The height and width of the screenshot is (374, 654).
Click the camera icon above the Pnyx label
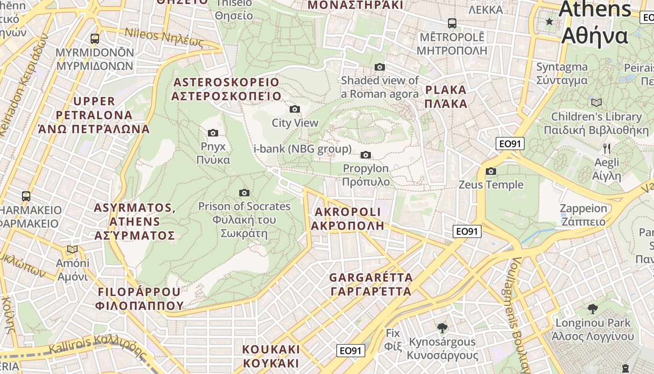pyautogui.click(x=213, y=133)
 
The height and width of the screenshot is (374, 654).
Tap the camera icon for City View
pyautogui.click(x=295, y=109)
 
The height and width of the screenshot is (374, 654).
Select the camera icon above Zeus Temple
pyautogui.click(x=490, y=172)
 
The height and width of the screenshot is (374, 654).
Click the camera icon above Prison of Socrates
pyautogui.click(x=244, y=193)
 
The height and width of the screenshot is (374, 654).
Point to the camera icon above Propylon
pyautogui.click(x=366, y=155)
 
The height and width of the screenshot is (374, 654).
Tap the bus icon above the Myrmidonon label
pyautogui.click(x=95, y=39)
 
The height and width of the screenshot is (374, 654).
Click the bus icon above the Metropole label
pyautogui.click(x=452, y=23)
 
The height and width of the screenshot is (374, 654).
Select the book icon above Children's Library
pyautogui.click(x=597, y=102)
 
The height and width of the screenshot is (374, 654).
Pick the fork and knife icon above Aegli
pyautogui.click(x=606, y=149)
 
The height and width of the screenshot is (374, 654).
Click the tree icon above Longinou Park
pyautogui.click(x=592, y=309)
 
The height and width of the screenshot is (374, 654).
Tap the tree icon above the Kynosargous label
pyautogui.click(x=442, y=328)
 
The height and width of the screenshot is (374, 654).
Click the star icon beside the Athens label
pyautogui.click(x=549, y=22)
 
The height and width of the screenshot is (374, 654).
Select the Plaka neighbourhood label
pyautogui.click(x=446, y=97)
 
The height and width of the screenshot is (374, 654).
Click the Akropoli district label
pyautogui.click(x=348, y=219)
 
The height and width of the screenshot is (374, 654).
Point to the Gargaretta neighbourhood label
pyautogui.click(x=371, y=284)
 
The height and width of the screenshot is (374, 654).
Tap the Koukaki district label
pyautogui.click(x=271, y=356)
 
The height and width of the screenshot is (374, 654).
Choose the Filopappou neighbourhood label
pyautogui.click(x=139, y=299)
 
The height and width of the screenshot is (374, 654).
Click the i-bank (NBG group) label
pyautogui.click(x=302, y=149)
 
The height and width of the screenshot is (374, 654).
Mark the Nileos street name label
pyautogui.click(x=164, y=38)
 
